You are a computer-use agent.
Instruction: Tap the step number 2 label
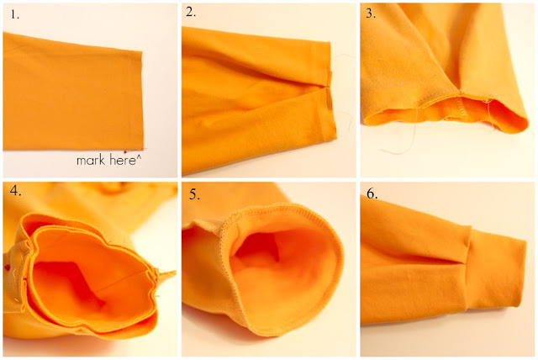(x=191, y=13)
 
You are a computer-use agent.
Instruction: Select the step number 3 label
(x=371, y=13)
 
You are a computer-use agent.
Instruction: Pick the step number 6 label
(x=371, y=193)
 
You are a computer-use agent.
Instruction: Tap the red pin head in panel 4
(x=8, y=267)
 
